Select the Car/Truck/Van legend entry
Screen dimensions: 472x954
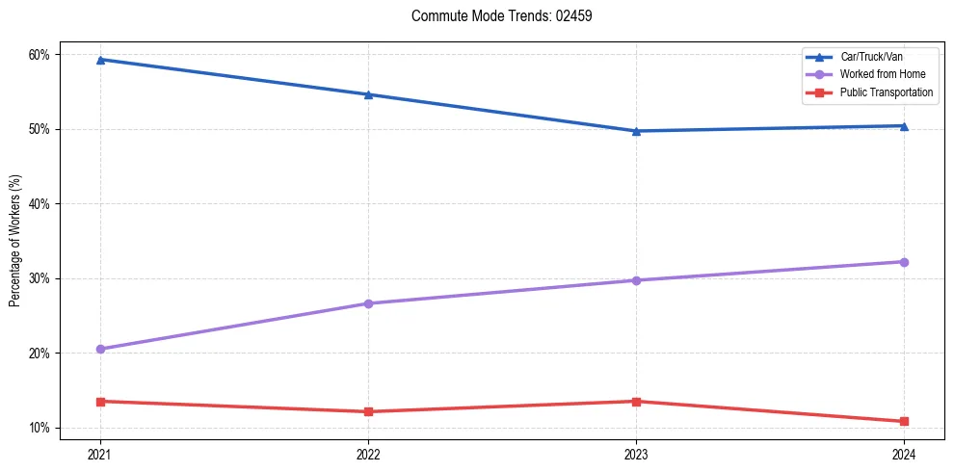(x=871, y=57)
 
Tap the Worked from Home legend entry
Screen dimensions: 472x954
(x=881, y=74)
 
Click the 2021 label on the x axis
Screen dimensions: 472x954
(x=100, y=454)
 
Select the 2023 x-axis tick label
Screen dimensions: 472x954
(x=636, y=454)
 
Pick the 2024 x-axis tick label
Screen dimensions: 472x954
(x=904, y=454)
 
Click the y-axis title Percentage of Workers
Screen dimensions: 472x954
(x=15, y=241)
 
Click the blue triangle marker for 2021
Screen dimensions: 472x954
(x=100, y=60)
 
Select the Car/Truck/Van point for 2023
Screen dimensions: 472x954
(x=636, y=131)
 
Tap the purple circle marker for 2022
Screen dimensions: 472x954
(x=368, y=303)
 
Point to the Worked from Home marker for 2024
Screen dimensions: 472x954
(x=904, y=262)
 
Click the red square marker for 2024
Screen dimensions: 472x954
(x=904, y=421)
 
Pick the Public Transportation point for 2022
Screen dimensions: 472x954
(x=368, y=411)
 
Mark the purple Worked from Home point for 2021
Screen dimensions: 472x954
(x=100, y=349)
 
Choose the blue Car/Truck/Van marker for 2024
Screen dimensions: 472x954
(x=904, y=125)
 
